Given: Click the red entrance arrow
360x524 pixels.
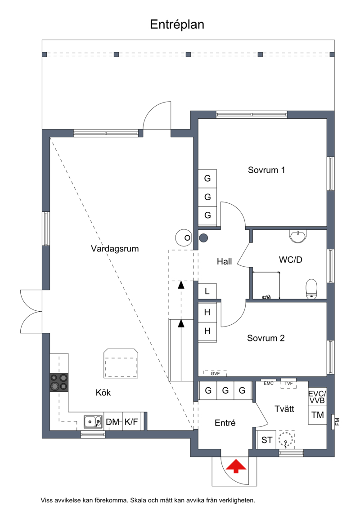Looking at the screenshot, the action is (x=236, y=466).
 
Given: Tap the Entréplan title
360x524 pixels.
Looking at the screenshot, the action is (x=177, y=25).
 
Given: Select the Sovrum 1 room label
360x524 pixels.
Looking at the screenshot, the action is (x=266, y=170).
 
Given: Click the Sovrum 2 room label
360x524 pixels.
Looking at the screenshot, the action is (x=266, y=338).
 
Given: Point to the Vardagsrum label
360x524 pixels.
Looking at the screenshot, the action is (x=115, y=249).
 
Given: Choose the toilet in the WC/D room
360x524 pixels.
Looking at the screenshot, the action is (x=311, y=288).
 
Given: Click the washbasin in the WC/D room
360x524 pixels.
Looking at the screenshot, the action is (x=297, y=236).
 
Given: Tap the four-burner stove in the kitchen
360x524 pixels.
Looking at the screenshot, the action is (x=59, y=382).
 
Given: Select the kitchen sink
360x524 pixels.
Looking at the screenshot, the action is (x=93, y=422).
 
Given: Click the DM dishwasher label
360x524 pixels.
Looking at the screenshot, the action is (x=112, y=422).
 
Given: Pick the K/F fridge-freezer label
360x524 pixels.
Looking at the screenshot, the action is (x=131, y=422).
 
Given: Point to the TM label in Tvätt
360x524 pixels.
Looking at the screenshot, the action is (x=318, y=415).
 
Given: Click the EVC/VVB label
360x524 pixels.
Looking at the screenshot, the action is (x=317, y=397).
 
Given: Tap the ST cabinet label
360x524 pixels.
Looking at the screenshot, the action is (x=267, y=440).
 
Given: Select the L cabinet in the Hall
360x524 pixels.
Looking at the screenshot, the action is (x=207, y=291).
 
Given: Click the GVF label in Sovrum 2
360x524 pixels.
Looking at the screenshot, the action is (x=215, y=374).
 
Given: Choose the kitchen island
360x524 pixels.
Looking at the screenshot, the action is (x=121, y=363).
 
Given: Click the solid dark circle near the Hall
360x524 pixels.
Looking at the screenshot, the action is (x=203, y=238).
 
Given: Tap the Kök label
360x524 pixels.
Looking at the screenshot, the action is (x=103, y=393).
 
